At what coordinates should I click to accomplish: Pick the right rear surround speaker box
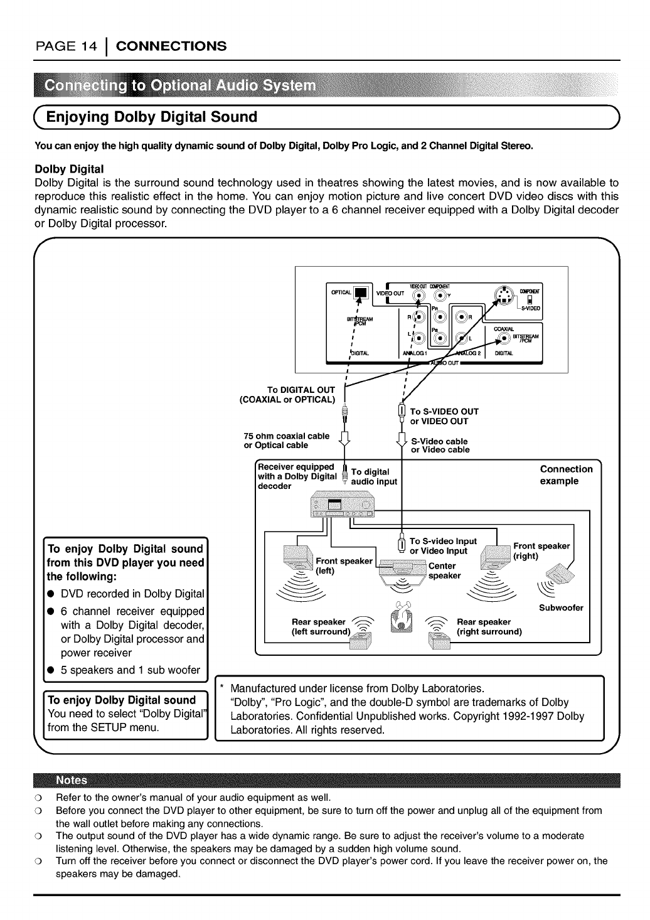tap(439, 641)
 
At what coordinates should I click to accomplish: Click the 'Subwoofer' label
tap(561, 607)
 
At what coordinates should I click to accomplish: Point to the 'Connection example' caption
tap(566, 475)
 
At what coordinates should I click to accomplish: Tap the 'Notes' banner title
tap(72, 781)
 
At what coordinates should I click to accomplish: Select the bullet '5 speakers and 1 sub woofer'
tap(131, 670)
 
